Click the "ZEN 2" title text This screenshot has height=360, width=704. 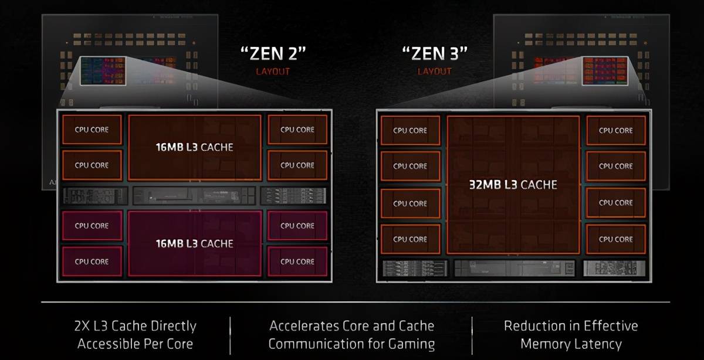click(273, 54)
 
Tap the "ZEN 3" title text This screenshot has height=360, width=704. click(435, 54)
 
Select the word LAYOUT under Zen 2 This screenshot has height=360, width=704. click(273, 72)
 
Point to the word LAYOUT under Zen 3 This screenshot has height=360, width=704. click(435, 72)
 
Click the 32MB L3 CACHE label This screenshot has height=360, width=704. click(513, 185)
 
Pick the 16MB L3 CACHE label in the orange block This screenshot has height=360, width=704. click(195, 147)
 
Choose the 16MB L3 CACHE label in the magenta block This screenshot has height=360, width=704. click(195, 243)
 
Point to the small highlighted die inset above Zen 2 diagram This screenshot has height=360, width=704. click(103, 71)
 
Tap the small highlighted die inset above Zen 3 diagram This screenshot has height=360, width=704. click(605, 71)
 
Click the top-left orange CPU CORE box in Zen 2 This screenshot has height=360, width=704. click(92, 130)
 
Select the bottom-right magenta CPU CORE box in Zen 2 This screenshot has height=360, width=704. click(297, 261)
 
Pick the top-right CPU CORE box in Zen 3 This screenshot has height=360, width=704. click(615, 130)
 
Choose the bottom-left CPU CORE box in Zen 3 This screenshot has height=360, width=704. click(410, 239)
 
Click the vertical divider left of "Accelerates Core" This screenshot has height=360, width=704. click(231, 335)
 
